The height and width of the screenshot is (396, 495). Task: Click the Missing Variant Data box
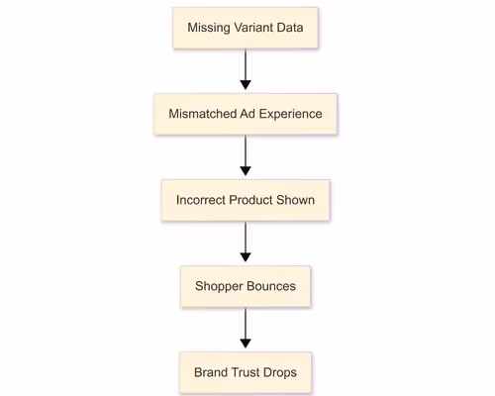coord(246,28)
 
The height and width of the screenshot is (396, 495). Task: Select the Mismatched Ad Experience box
coord(246,114)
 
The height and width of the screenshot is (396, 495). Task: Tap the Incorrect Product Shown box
coord(246,200)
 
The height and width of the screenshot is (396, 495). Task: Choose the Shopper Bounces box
coord(246,287)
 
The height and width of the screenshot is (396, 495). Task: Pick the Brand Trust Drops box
coord(246,373)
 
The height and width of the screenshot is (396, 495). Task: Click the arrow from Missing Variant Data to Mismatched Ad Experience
coord(246,70)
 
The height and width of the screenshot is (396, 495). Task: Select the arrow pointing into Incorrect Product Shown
coord(246,156)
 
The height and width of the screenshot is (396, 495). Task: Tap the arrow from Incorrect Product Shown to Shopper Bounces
coord(246,244)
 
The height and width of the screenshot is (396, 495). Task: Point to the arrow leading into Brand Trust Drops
coord(246,330)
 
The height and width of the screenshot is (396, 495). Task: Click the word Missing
coord(209,28)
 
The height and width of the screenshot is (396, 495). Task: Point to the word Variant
coord(255,28)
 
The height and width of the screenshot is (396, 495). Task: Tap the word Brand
coord(211,373)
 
